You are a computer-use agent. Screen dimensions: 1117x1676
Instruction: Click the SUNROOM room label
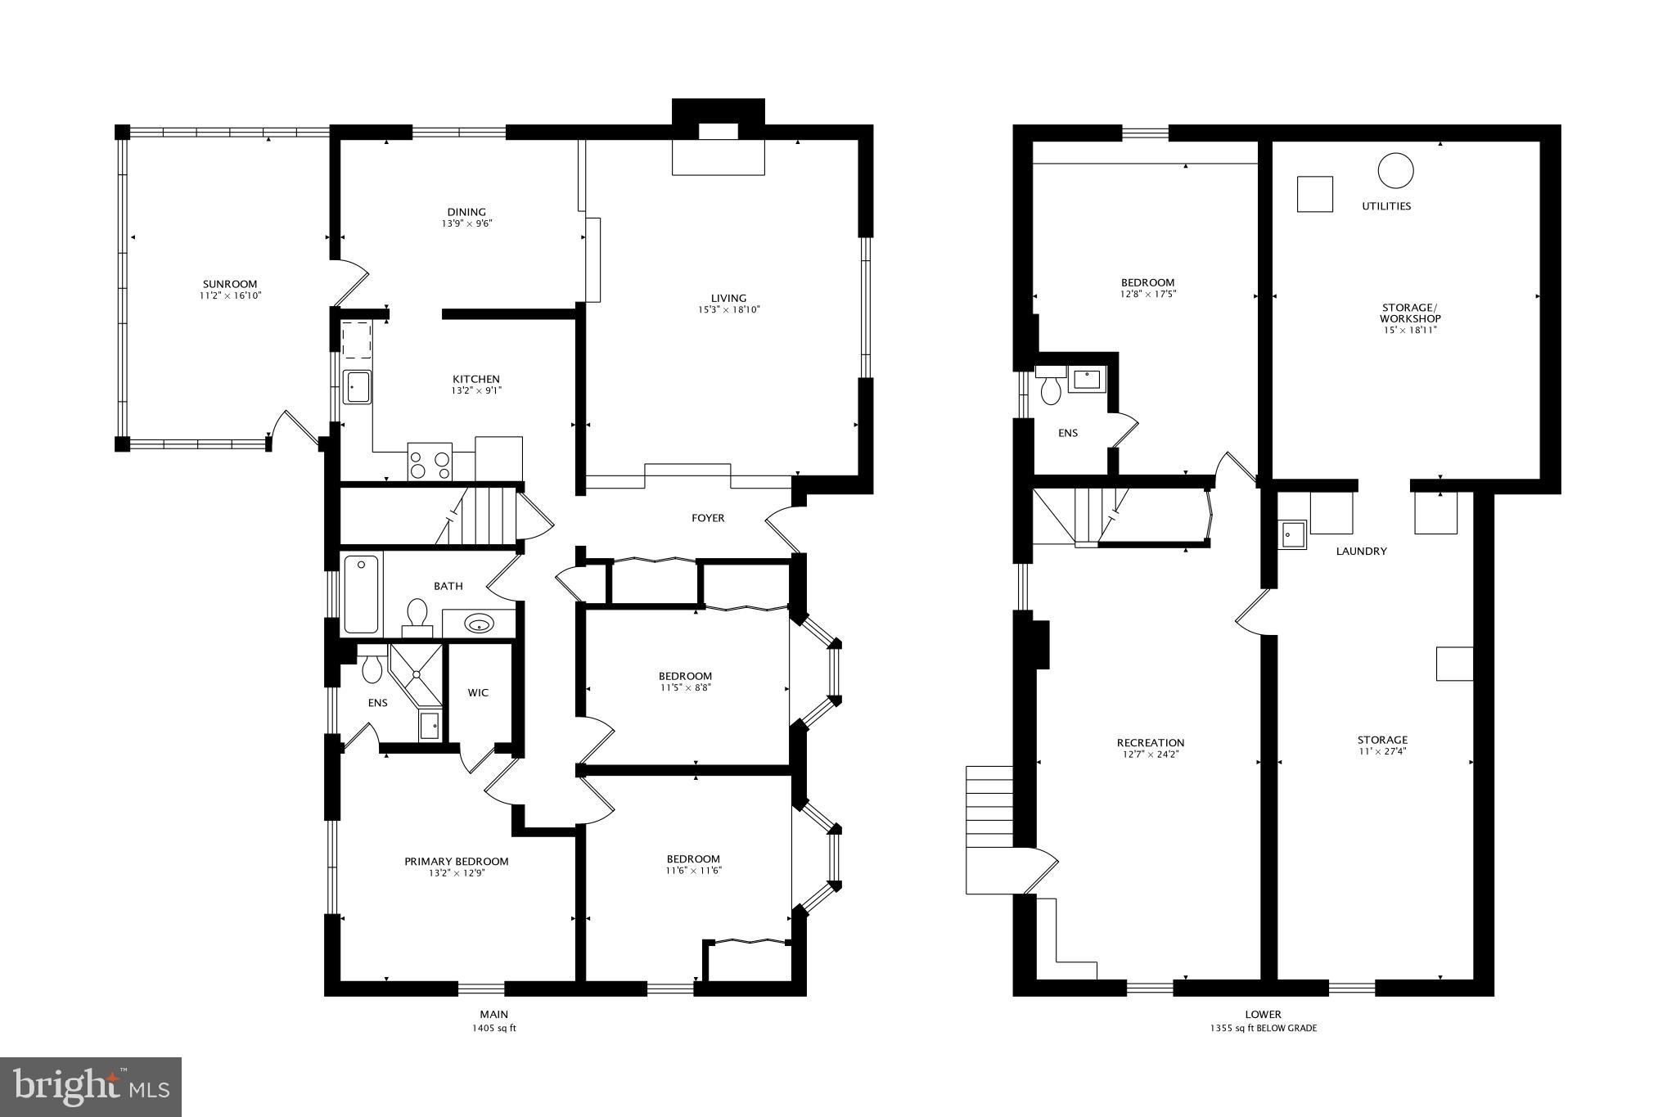coord(230,284)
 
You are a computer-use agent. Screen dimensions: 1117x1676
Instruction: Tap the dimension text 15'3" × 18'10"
coord(728,310)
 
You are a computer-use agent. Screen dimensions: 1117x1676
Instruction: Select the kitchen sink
coord(358,386)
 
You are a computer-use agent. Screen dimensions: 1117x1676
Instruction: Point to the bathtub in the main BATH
coord(361,595)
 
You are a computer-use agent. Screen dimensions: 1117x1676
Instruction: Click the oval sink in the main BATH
coord(479,625)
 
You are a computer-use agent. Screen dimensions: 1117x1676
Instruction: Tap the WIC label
coord(478,693)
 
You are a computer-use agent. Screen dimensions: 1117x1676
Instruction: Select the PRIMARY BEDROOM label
coord(456,861)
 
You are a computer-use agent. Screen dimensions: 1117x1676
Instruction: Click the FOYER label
coord(708,518)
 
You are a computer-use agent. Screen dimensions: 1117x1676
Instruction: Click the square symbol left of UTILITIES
coord(1315,194)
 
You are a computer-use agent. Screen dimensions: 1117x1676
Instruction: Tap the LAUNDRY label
coord(1361,552)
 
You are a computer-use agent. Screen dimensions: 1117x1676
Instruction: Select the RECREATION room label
coord(1151,743)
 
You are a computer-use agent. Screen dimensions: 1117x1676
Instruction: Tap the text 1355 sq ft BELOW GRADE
coord(1264,1028)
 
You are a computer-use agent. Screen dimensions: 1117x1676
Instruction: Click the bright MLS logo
coord(91,1087)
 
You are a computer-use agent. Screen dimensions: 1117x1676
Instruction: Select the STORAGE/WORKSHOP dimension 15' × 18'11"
coord(1410,330)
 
